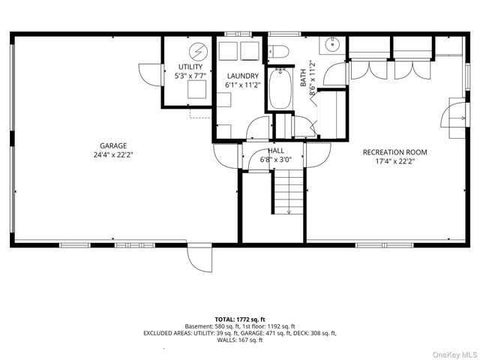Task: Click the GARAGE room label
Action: (x=113, y=145)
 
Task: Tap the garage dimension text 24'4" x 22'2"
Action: (x=113, y=155)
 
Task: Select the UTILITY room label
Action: (x=190, y=67)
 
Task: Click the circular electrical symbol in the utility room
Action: (x=198, y=52)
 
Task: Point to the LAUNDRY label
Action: (x=243, y=76)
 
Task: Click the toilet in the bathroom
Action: (x=278, y=51)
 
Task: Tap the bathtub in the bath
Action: (x=280, y=89)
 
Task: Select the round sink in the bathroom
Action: (x=332, y=45)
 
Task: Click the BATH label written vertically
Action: (x=303, y=78)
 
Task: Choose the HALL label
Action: (x=276, y=151)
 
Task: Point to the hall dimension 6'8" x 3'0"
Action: (x=276, y=160)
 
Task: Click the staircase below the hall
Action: (x=288, y=191)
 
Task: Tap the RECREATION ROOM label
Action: (x=395, y=152)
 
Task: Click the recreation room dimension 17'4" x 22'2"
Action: (x=395, y=161)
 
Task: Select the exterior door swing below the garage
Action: (x=199, y=258)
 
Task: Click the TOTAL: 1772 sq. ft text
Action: (x=240, y=319)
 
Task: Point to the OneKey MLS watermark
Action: (x=454, y=355)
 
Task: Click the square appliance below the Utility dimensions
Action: (x=196, y=89)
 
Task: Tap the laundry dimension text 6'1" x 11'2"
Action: (x=243, y=85)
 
